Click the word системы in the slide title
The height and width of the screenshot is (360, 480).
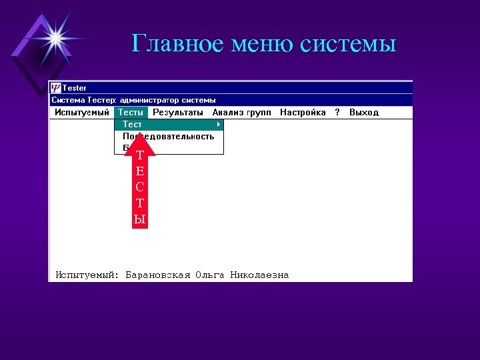tap(348, 44)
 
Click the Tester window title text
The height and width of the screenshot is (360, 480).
tap(75, 88)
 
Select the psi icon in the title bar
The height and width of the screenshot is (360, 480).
tap(56, 88)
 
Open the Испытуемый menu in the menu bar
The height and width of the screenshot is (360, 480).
tap(82, 113)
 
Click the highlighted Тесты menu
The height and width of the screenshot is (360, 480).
tap(131, 113)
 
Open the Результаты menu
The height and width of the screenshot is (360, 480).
tap(178, 113)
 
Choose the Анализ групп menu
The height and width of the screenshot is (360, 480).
tap(241, 113)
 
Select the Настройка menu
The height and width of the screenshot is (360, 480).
tap(303, 113)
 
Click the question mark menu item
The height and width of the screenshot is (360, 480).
tap(337, 113)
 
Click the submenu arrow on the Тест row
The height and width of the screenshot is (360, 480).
tap(219, 125)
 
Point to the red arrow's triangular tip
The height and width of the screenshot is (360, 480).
tap(139, 137)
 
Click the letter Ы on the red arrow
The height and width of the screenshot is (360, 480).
tap(139, 219)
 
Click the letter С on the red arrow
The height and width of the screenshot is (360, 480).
tap(139, 187)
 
